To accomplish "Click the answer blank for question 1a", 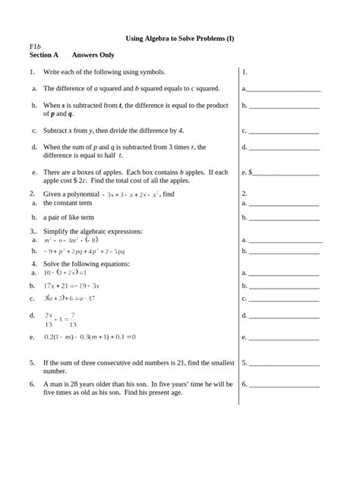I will click(283, 89).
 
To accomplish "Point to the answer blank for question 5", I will click(283, 363).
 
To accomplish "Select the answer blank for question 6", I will click(283, 384).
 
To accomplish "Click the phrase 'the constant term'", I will click(68, 204).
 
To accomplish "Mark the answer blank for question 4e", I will click(283, 336).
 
